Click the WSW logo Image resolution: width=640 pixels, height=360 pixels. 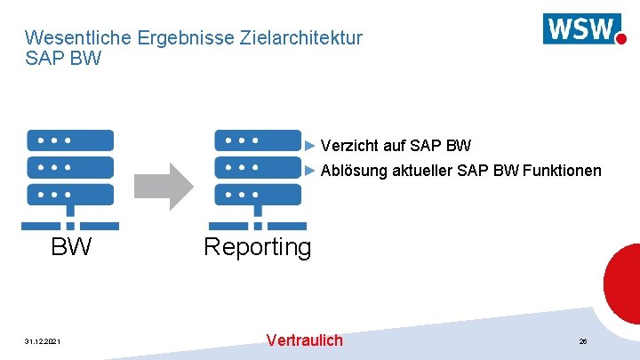click(x=583, y=28)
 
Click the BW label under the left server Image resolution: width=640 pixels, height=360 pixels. click(x=71, y=246)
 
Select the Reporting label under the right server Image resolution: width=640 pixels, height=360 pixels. click(x=258, y=246)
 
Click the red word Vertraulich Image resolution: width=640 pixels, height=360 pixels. click(x=304, y=340)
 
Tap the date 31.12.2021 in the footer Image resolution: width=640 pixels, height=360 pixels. click(x=43, y=341)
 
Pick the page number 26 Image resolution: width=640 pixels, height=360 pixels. click(x=583, y=341)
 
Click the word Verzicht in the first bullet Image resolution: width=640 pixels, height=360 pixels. click(x=348, y=145)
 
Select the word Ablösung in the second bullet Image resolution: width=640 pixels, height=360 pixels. click(x=353, y=171)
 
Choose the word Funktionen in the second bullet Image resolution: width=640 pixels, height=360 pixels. click(x=562, y=171)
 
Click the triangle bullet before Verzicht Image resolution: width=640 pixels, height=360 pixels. click(x=310, y=145)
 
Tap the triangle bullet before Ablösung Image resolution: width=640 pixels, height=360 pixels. click(x=310, y=170)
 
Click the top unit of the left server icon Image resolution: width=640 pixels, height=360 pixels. click(x=70, y=140)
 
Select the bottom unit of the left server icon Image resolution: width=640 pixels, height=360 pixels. click(x=70, y=195)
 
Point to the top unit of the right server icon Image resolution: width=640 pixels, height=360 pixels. click(x=258, y=140)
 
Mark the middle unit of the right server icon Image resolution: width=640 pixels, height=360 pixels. click(x=258, y=167)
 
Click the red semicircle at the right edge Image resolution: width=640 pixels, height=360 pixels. click(x=624, y=284)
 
